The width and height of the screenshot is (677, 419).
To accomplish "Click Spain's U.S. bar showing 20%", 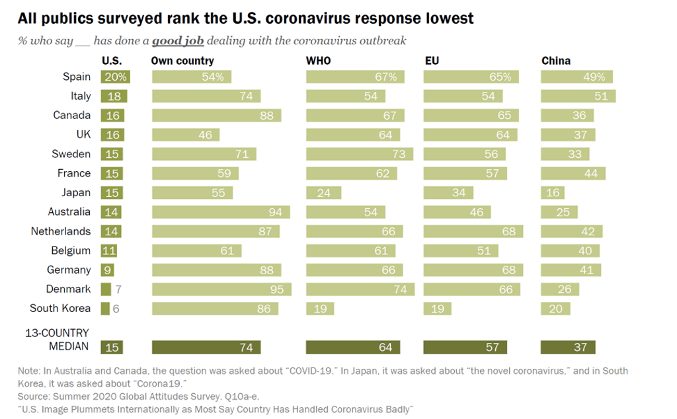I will click(116, 77).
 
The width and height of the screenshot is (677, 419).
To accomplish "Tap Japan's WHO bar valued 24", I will click(323, 192).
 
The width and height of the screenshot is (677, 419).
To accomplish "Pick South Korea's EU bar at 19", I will click(437, 309).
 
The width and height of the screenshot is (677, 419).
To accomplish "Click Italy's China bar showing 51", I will click(578, 96).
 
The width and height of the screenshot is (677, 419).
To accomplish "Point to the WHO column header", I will click(318, 61).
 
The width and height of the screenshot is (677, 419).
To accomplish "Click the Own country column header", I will click(182, 61).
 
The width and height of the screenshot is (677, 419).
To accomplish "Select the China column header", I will click(555, 61).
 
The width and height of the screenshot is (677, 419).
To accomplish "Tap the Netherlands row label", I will click(60, 231).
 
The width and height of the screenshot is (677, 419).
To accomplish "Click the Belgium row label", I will click(71, 250).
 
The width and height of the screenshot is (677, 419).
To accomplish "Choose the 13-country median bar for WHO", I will click(352, 347).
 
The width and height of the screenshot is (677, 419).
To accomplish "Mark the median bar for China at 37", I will click(568, 347).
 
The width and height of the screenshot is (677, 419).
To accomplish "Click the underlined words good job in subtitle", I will click(178, 41).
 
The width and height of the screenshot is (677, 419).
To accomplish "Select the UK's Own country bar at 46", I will click(185, 135).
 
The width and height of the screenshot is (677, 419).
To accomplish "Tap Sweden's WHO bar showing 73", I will click(359, 154).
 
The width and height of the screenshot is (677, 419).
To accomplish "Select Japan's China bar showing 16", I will click(553, 192).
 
